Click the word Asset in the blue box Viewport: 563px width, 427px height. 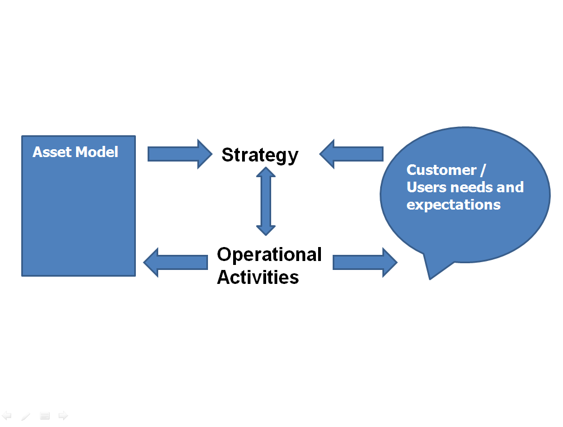pyautogui.click(x=52, y=152)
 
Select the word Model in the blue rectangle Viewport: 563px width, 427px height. pyautogui.click(x=97, y=152)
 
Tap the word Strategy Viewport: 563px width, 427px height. pyautogui.click(x=260, y=155)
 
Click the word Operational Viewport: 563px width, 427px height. pyautogui.click(x=269, y=254)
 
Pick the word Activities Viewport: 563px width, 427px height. pyautogui.click(x=258, y=277)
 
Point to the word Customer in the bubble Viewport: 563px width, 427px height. pyautogui.click(x=441, y=170)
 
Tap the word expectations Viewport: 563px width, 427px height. pyautogui.click(x=453, y=205)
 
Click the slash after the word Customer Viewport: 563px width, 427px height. pyautogui.click(x=483, y=170)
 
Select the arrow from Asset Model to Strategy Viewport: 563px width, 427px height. pyautogui.click(x=180, y=154)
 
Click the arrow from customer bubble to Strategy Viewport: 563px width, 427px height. pyautogui.click(x=352, y=154)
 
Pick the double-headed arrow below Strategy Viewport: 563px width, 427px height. pyautogui.click(x=266, y=201)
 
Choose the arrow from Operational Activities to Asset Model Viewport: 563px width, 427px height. pyautogui.click(x=176, y=262)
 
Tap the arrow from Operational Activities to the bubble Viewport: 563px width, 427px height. pyautogui.click(x=365, y=262)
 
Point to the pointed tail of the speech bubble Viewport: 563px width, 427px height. pyautogui.click(x=430, y=278)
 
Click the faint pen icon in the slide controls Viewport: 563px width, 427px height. pyautogui.click(x=26, y=416)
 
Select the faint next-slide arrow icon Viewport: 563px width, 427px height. pyautogui.click(x=63, y=415)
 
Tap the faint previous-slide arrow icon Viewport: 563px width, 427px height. pyautogui.click(x=7, y=415)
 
